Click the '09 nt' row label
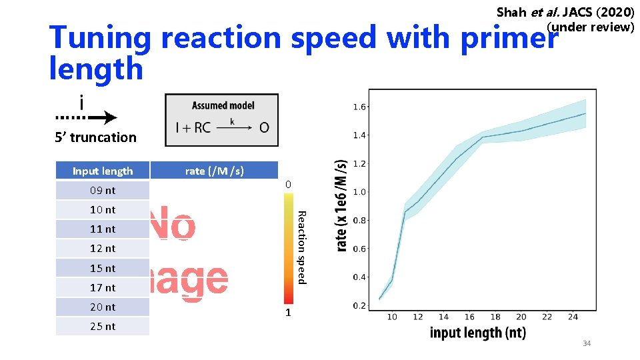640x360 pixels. pyautogui.click(x=103, y=191)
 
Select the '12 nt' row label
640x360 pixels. pyautogui.click(x=103, y=249)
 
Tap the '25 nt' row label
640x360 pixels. pyautogui.click(x=103, y=327)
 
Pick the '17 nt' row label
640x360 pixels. pyautogui.click(x=103, y=288)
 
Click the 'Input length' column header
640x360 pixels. pyautogui.click(x=103, y=171)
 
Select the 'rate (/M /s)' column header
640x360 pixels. pyautogui.click(x=214, y=171)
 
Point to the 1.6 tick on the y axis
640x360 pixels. pyautogui.click(x=358, y=107)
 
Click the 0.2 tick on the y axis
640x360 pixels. pyautogui.click(x=358, y=306)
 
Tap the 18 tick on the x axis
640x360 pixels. pyautogui.click(x=495, y=317)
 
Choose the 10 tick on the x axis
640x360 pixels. pyautogui.click(x=392, y=317)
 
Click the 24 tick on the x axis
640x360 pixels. pyautogui.click(x=573, y=317)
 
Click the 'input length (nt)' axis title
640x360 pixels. pyautogui.click(x=478, y=333)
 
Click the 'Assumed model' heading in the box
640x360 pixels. pyautogui.click(x=223, y=105)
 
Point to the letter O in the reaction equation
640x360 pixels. pyautogui.click(x=264, y=127)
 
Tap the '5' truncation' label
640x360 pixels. pyautogui.click(x=95, y=138)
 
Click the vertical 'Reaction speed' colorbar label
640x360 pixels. pyautogui.click(x=301, y=247)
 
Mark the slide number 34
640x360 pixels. pyautogui.click(x=587, y=343)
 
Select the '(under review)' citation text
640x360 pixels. pyautogui.click(x=590, y=27)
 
